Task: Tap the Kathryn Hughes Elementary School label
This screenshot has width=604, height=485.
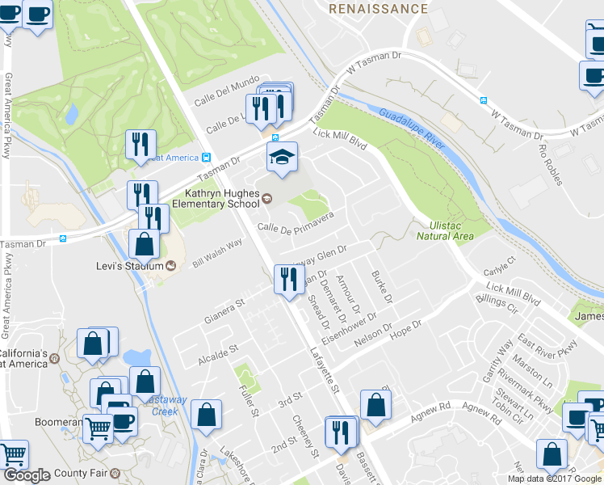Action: (222, 199)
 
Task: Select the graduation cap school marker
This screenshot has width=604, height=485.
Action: (283, 158)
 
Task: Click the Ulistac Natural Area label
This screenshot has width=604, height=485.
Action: (444, 230)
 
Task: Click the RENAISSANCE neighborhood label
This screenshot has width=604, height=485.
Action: (379, 9)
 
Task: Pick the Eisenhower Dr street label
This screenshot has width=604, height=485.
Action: (350, 328)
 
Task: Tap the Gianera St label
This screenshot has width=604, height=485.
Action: (224, 312)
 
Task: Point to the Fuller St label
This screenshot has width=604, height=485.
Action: (247, 401)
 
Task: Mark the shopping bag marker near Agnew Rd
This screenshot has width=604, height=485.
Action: (375, 406)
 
